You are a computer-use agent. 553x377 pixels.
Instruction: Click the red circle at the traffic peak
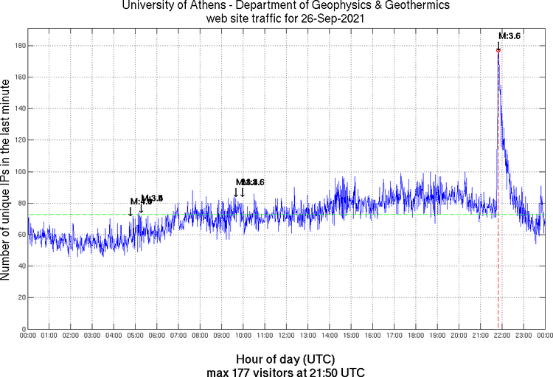(x=498, y=50)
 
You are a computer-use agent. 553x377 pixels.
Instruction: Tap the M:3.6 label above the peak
(x=509, y=35)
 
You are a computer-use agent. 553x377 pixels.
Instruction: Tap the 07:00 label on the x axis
(x=178, y=335)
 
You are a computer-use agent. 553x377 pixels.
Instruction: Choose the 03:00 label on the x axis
(x=92, y=335)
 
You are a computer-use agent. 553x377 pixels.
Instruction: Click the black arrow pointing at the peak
(x=498, y=44)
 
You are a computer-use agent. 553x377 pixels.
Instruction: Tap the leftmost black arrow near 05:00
(x=131, y=212)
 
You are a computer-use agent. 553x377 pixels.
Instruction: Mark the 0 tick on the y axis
(x=22, y=329)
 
